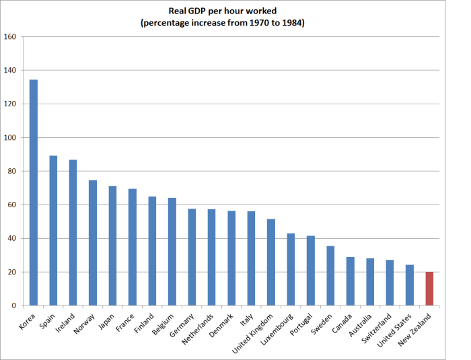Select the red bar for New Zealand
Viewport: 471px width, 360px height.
429,289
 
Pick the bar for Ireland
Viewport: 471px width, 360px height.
73,233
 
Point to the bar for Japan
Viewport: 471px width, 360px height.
112,246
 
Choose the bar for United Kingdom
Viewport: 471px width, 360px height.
271,262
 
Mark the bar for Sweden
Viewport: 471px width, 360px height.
330,276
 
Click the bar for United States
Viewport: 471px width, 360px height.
410,285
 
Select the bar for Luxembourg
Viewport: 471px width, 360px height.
291,269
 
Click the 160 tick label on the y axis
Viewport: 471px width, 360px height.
10,37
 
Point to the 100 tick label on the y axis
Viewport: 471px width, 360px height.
10,138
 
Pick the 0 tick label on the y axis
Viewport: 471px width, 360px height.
13,306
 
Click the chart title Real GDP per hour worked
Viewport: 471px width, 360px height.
223,11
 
